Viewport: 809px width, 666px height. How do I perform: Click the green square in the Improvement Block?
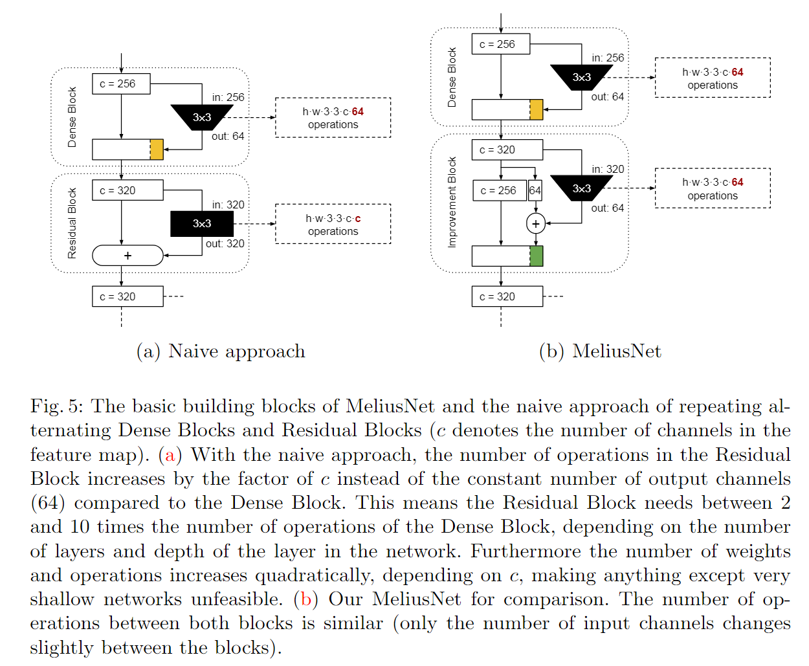pos(536,256)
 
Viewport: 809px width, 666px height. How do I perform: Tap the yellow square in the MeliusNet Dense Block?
pos(536,110)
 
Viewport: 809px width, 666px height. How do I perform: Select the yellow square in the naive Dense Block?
pos(157,150)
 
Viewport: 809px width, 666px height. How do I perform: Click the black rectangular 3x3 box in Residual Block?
pos(202,224)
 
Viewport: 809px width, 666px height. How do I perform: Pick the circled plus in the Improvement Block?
pos(536,224)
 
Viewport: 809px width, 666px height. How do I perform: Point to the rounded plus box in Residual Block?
pos(127,256)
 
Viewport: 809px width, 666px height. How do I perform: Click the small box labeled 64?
pos(535,190)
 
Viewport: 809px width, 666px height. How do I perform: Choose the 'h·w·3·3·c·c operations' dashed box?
pos(333,225)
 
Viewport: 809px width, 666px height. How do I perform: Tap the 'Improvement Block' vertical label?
pos(452,202)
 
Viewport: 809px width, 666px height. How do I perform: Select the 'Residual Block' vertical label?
pos(72,223)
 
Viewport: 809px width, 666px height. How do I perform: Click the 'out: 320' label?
pos(225,244)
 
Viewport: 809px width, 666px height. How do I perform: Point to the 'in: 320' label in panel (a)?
pos(228,205)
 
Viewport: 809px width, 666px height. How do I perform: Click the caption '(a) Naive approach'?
pos(221,351)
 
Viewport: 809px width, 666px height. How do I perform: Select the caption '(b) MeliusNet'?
pos(600,351)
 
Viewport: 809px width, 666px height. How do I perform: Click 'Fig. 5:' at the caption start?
pos(57,406)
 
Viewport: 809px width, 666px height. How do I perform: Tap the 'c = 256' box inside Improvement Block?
pos(498,190)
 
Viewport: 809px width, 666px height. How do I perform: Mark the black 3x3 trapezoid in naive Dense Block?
pos(202,117)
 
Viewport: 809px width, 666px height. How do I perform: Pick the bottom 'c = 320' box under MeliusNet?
pos(507,296)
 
